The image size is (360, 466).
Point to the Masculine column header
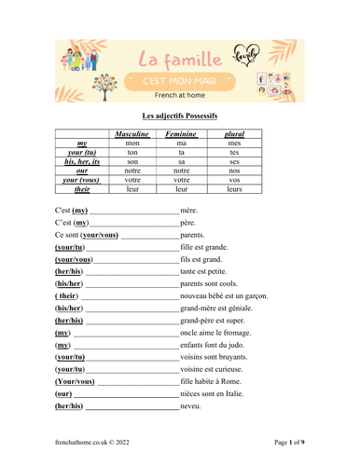coord(132,134)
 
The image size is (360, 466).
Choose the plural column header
coord(234,134)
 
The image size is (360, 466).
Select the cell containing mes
coord(234,144)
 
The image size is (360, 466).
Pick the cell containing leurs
coord(234,188)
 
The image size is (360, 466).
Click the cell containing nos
coord(234,171)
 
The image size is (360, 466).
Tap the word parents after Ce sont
coord(193,236)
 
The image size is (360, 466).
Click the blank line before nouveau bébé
coord(132,296)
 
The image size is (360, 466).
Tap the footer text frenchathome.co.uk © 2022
coord(92,441)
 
